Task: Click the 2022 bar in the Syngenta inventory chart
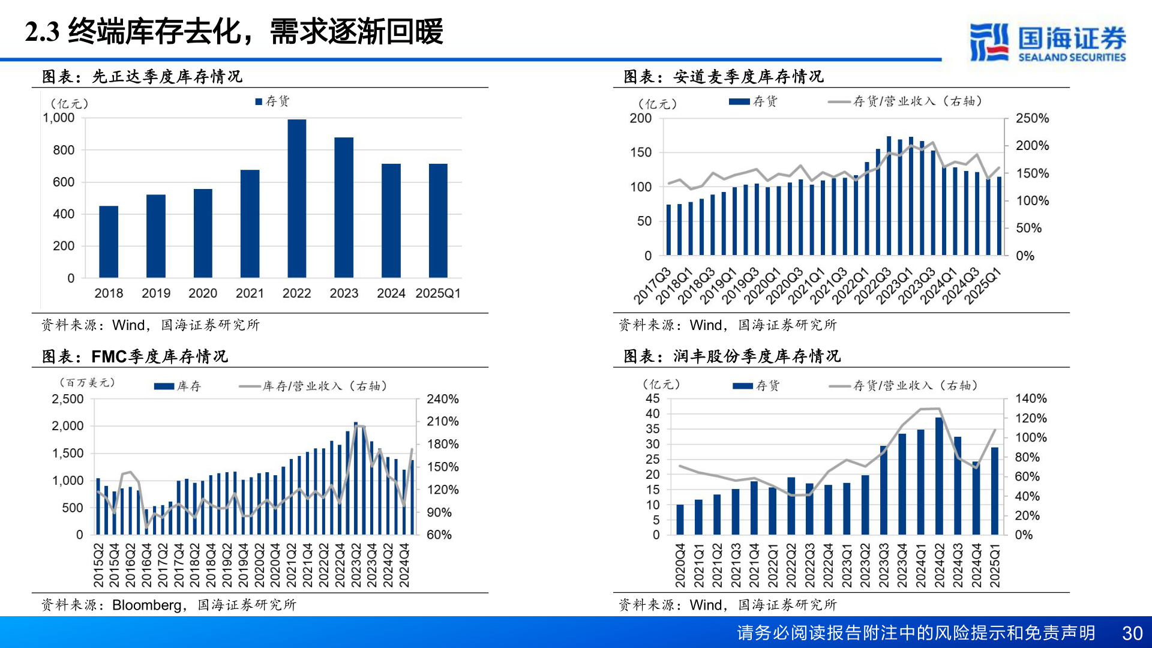tap(296, 198)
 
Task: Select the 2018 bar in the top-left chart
tap(109, 241)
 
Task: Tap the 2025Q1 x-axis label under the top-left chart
tap(437, 293)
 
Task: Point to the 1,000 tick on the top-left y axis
tap(59, 118)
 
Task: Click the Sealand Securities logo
tap(1048, 42)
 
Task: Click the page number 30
tap(1132, 633)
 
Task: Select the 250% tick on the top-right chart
tap(1032, 119)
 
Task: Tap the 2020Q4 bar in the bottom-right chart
tap(680, 519)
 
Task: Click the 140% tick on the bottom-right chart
tap(1030, 398)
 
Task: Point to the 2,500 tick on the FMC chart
tap(68, 399)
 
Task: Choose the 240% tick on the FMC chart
tap(442, 399)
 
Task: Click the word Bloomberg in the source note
tap(146, 605)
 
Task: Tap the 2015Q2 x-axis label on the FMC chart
tap(98, 565)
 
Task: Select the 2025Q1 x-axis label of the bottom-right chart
tap(995, 565)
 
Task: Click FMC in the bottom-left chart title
tap(109, 357)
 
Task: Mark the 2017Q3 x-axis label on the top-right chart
tap(653, 286)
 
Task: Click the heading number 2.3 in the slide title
tap(42, 32)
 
